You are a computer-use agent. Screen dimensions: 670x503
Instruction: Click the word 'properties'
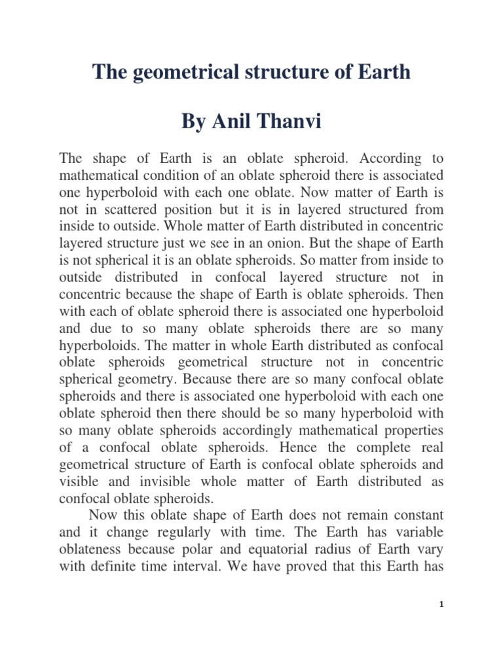click(x=411, y=430)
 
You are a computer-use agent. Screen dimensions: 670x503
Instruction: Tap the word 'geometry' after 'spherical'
click(x=145, y=379)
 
